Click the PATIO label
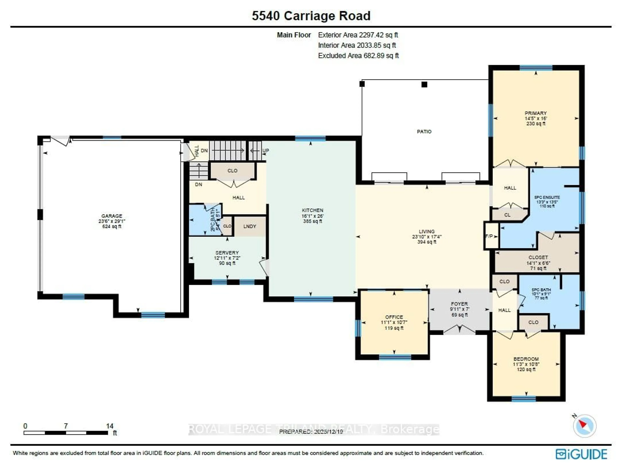(424, 131)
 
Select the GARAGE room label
(112, 216)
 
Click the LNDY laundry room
(250, 226)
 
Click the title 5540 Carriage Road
(311, 16)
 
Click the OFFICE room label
(394, 317)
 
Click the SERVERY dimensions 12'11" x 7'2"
(227, 258)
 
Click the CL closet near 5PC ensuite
(507, 215)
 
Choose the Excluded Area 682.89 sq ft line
(358, 56)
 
